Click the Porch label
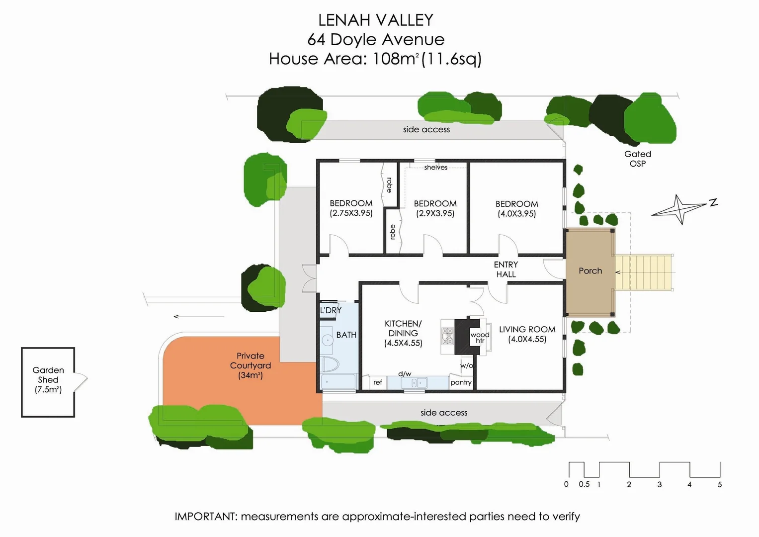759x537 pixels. [590, 271]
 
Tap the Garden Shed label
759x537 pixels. [48, 379]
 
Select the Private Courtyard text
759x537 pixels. [251, 365]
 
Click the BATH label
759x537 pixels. [346, 335]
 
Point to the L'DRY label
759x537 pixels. [331, 310]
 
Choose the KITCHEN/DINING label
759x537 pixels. [403, 333]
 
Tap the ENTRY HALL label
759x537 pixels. [506, 269]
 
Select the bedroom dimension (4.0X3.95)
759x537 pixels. [517, 214]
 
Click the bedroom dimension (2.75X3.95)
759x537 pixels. [351, 213]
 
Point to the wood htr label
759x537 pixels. [480, 338]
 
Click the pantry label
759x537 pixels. [461, 382]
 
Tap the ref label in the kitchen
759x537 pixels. [378, 382]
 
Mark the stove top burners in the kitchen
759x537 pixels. [447, 336]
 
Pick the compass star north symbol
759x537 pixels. [679, 209]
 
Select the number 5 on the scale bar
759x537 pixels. [719, 484]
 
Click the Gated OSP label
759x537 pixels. [638, 159]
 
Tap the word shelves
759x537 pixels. [435, 168]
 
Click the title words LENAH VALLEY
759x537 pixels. [376, 20]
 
